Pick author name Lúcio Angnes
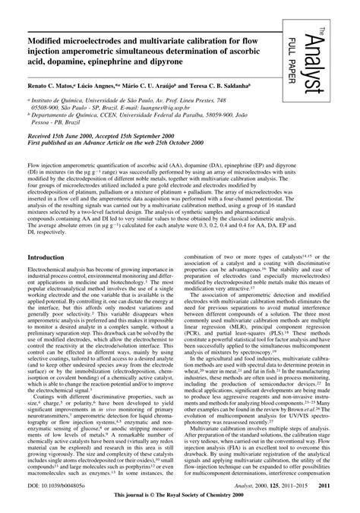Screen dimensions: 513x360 click(116, 87)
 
